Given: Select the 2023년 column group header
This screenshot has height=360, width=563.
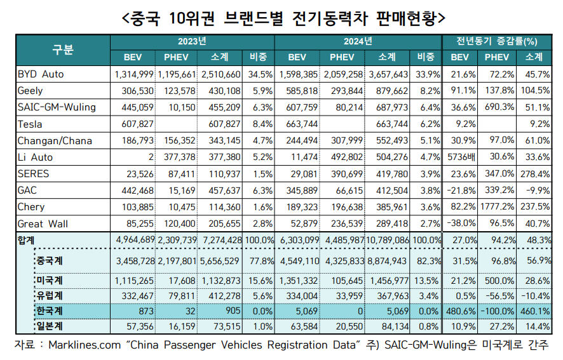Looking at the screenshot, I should tap(192, 42).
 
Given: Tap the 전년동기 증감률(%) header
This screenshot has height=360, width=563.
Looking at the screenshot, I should tap(496, 42).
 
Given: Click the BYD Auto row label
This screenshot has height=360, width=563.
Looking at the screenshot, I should tap(41, 74).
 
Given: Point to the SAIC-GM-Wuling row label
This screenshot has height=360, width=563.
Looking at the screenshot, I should tap(56, 107).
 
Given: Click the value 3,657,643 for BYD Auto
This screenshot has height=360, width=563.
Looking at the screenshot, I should tap(388, 74).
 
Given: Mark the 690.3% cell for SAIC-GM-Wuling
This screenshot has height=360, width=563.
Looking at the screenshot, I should tap(498, 107).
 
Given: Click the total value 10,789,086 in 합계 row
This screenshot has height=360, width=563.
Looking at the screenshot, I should tap(388, 240).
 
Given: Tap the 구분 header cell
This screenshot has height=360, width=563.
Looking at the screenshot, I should tap(63, 50).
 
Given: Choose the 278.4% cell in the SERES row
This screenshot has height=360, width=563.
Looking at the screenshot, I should tap(536, 173).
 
